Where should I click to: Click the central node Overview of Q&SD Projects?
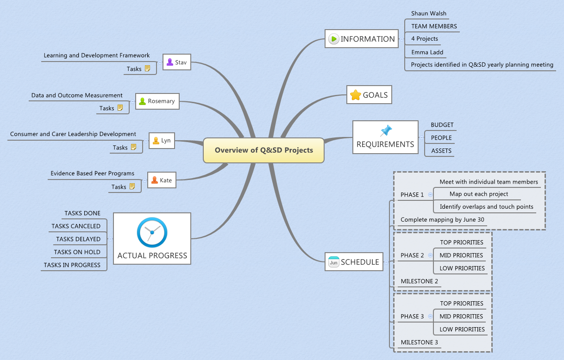pos(263,150)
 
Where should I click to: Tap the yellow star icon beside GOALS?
pos(355,95)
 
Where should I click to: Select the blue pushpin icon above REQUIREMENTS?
pos(385,130)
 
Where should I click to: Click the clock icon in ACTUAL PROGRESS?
pos(152,232)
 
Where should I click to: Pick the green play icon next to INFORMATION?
pos(333,39)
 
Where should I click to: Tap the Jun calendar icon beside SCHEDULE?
pos(333,262)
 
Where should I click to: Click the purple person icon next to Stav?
pos(170,62)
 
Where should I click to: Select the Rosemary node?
pos(157,101)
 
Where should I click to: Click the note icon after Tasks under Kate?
pos(132,186)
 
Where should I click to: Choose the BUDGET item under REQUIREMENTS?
pos(442,125)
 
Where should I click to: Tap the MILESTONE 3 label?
pos(419,342)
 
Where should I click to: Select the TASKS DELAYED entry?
pos(78,239)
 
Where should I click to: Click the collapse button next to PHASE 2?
pos(430,255)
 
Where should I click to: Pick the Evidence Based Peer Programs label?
pos(92,174)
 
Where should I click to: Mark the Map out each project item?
pos(478,194)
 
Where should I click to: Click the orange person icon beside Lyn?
pos(156,140)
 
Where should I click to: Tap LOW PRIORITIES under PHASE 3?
pos(462,329)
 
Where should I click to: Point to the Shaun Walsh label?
pos(428,13)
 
